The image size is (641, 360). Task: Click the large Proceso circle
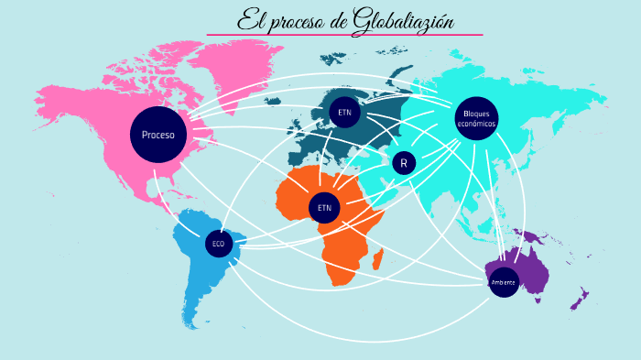(158, 135)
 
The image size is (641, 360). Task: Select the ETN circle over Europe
(344, 112)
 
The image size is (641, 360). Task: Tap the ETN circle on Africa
(324, 208)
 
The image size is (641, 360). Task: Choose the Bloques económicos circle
(476, 119)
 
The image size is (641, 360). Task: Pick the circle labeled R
(404, 163)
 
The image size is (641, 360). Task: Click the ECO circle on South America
(218, 244)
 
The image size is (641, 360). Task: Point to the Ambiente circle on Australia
(504, 282)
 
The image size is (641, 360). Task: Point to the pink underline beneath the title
(344, 35)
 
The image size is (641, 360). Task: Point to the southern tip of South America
(193, 322)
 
